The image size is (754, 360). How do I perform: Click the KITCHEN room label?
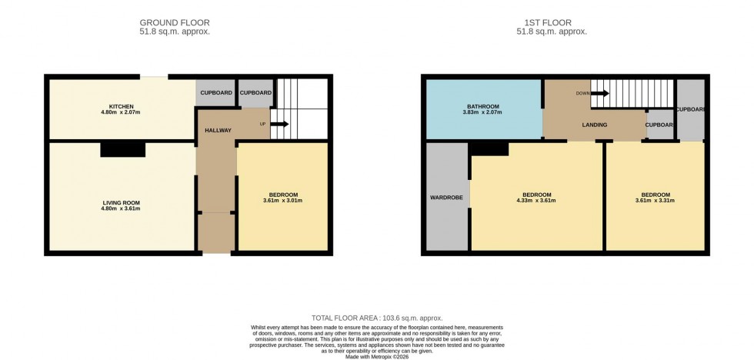tap(122, 106)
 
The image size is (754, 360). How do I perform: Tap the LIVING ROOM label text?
tap(122, 202)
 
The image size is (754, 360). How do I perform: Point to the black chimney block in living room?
tap(122, 149)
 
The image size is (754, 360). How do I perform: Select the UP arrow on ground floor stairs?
tap(279, 124)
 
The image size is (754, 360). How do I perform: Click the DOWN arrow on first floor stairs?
tap(600, 94)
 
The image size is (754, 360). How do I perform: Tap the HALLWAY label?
tap(218, 131)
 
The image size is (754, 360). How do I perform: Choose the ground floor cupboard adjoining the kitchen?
tap(215, 93)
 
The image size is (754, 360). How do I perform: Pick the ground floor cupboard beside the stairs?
tap(255, 93)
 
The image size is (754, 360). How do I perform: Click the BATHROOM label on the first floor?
tap(483, 106)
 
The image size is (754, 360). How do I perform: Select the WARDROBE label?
tap(446, 198)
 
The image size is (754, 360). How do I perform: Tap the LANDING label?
tap(594, 125)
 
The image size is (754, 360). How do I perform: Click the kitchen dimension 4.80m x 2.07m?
tap(122, 112)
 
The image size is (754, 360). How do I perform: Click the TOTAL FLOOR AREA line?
tap(377, 318)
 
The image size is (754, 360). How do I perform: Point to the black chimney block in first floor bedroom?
tap(488, 149)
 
